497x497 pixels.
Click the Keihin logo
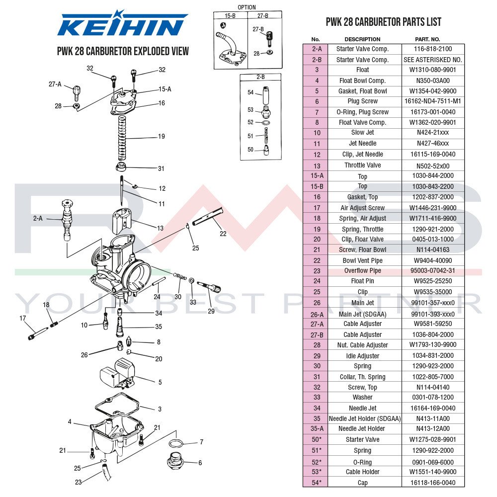tap(122, 25)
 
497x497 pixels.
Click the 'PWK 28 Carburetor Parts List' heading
tap(383, 22)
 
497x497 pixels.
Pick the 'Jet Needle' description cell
tap(362, 144)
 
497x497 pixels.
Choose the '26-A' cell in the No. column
tap(317, 314)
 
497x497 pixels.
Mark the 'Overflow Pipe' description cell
tap(362, 271)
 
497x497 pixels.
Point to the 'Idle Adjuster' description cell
tap(362, 356)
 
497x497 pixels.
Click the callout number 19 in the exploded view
tap(161, 137)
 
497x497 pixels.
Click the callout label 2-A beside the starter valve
tap(38, 219)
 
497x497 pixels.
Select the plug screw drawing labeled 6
tap(176, 462)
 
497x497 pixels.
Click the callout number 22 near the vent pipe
tap(223, 234)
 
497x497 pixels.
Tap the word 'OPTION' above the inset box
tap(247, 7)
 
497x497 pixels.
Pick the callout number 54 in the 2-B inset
tap(250, 92)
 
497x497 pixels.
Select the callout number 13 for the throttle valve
tap(160, 228)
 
